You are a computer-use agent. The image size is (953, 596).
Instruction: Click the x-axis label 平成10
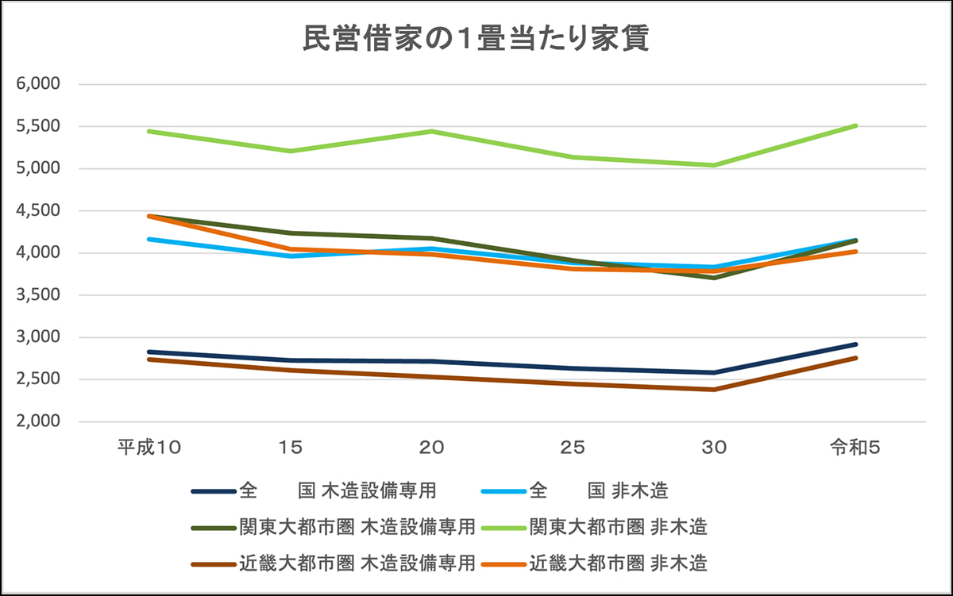(x=150, y=448)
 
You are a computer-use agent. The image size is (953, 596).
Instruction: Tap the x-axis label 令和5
(x=855, y=448)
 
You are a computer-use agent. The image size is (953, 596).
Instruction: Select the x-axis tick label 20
(x=432, y=448)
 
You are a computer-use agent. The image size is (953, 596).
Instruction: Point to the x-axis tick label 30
(x=714, y=448)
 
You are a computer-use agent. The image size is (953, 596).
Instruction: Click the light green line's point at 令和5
(x=855, y=125)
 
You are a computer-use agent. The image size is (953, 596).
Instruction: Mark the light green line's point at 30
(x=714, y=165)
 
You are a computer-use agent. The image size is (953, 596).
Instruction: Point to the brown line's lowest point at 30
(x=714, y=390)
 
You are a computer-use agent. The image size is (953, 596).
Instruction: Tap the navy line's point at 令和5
(x=855, y=344)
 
